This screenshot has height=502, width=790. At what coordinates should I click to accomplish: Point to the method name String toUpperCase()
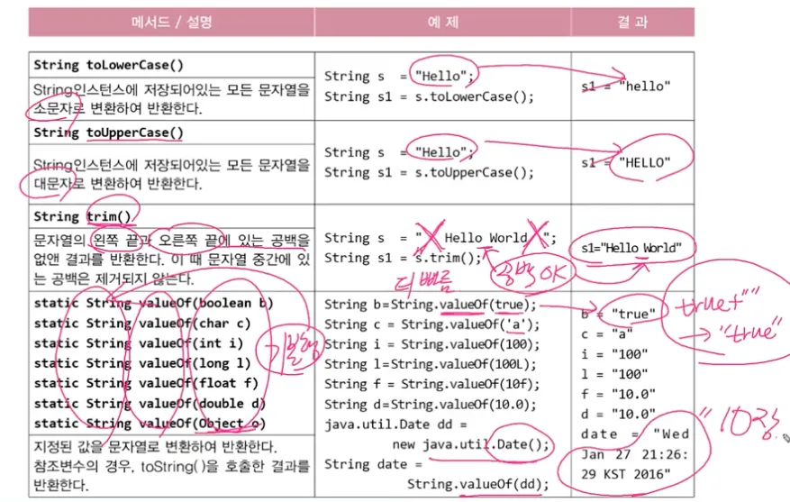(108, 132)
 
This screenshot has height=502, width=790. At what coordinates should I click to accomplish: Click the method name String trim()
(82, 216)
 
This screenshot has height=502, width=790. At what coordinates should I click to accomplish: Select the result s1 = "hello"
(626, 87)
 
